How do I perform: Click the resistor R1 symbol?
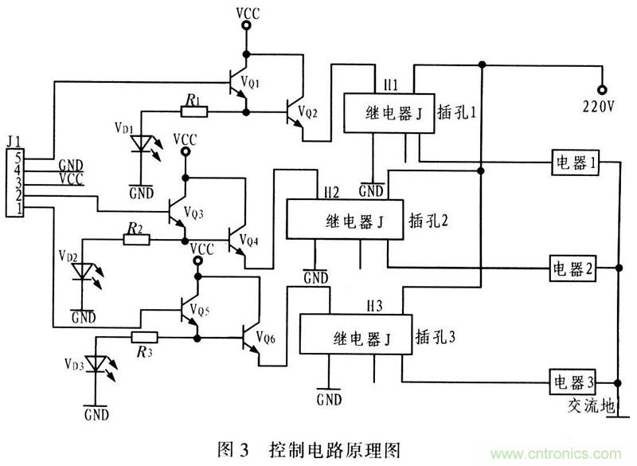[195, 111]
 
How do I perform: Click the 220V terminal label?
[600, 105]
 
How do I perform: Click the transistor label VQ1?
[271, 82]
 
